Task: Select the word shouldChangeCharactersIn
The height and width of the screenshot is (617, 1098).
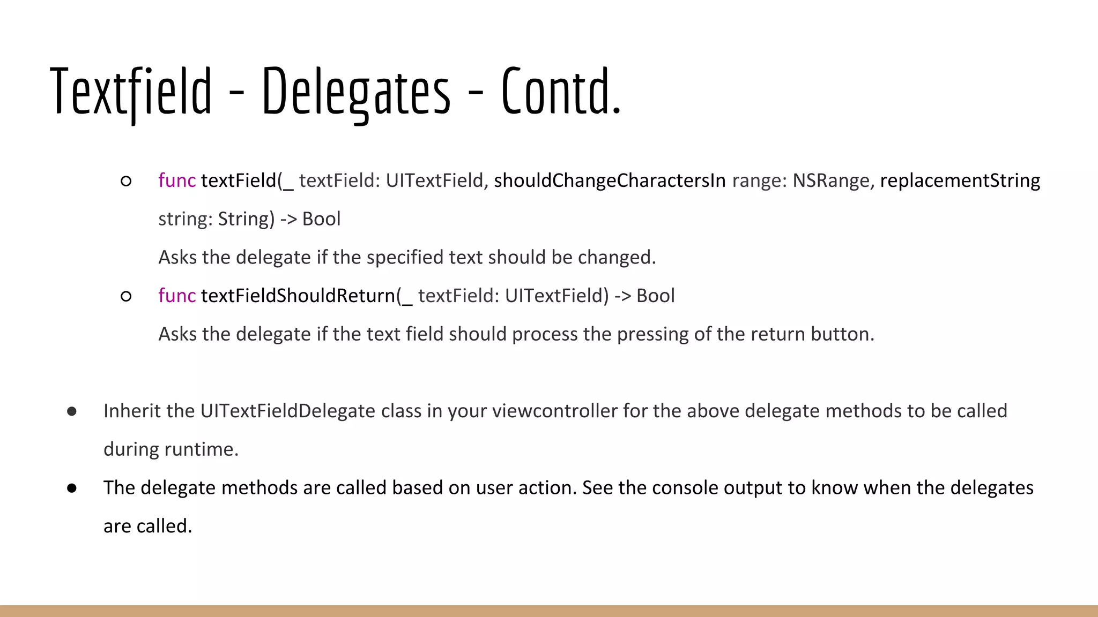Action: (x=610, y=181)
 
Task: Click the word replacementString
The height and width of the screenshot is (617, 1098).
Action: (x=960, y=181)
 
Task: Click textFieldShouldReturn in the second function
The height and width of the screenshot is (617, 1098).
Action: (x=298, y=296)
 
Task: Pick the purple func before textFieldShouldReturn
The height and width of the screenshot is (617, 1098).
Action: (x=177, y=296)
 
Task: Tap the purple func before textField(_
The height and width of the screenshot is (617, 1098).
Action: (x=177, y=181)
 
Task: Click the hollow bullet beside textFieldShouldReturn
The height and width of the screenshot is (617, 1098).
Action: (x=126, y=296)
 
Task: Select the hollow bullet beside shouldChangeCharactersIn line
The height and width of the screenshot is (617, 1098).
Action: (x=126, y=182)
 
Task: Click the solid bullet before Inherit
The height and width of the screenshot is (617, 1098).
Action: (x=72, y=411)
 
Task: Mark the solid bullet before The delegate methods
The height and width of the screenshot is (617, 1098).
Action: (x=72, y=488)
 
